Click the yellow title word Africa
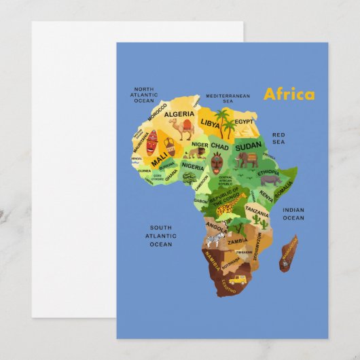pyautogui.click(x=289, y=94)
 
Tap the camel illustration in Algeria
pyautogui.click(x=187, y=128)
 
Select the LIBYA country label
pyautogui.click(x=210, y=124)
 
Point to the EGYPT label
pyautogui.click(x=243, y=122)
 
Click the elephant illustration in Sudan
pyautogui.click(x=247, y=160)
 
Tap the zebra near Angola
pyautogui.click(x=215, y=240)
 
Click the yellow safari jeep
pyautogui.click(x=236, y=279)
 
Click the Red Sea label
pyautogui.click(x=278, y=139)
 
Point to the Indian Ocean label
pyautogui.click(x=293, y=214)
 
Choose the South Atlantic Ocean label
pyautogui.click(x=160, y=236)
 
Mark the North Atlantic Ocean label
pyautogui.click(x=144, y=94)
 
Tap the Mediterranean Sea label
pyautogui.click(x=228, y=98)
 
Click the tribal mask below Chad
pyautogui.click(x=216, y=163)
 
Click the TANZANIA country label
pyautogui.click(x=257, y=211)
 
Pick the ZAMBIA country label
pyautogui.click(x=237, y=241)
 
